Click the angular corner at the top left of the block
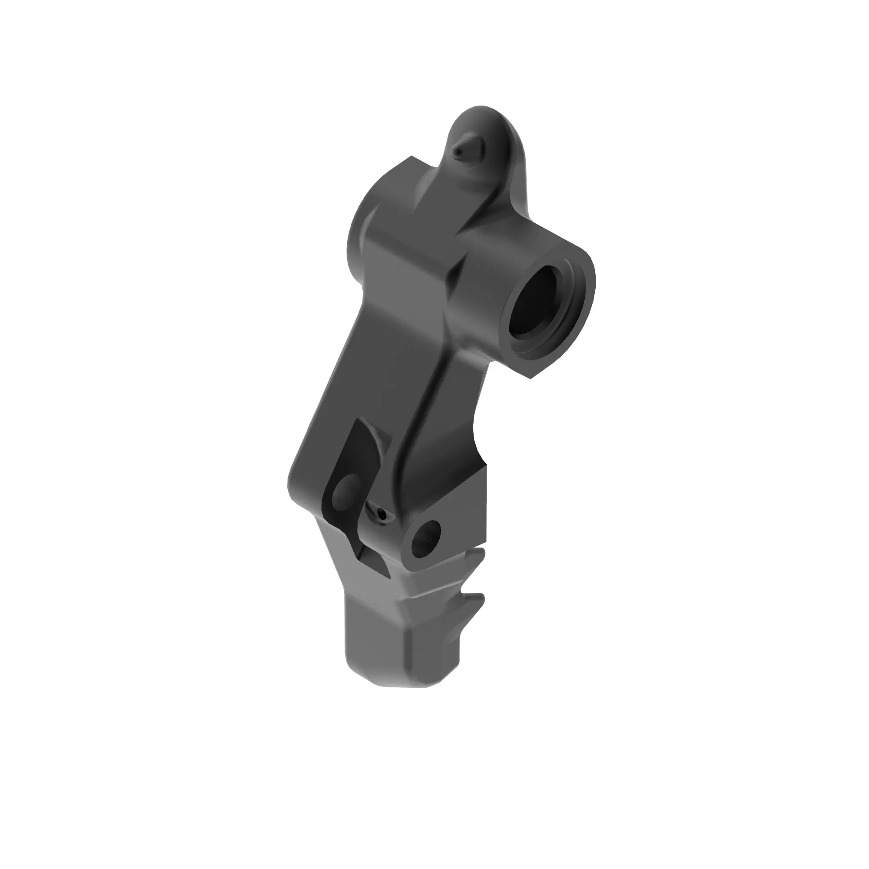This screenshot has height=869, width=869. pyautogui.click(x=411, y=157)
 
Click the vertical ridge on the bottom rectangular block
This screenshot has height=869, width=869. pyautogui.click(x=410, y=652)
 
